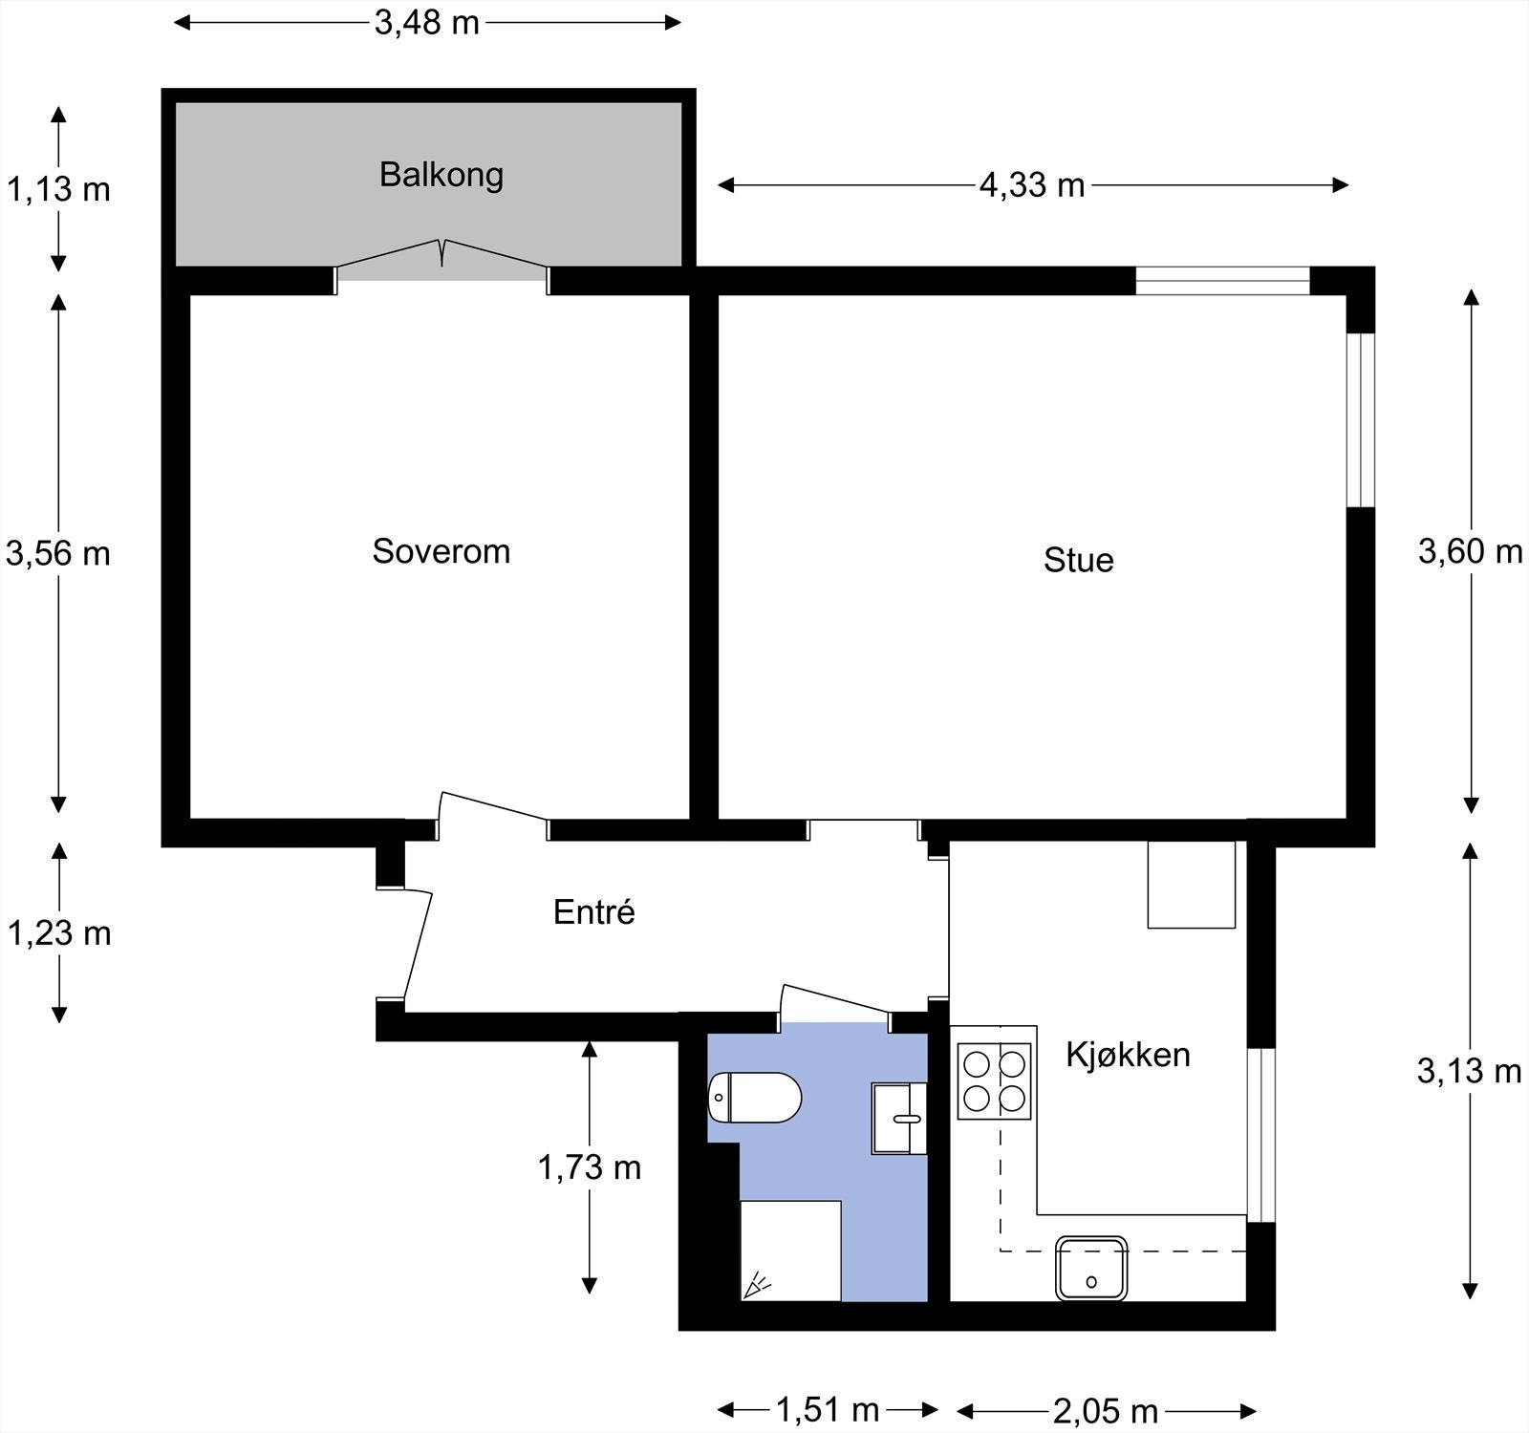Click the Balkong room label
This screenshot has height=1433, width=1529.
tap(441, 175)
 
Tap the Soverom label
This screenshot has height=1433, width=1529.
tap(441, 551)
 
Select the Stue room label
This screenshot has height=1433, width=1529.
tap(1079, 560)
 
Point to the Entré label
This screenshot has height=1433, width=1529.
tap(594, 911)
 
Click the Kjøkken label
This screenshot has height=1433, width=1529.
tap(1129, 1055)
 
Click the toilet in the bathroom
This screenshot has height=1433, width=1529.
tap(754, 1098)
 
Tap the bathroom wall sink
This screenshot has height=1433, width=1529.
tap(899, 1118)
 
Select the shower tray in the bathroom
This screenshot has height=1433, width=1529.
tap(791, 1251)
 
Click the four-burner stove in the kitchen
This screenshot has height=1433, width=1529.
tap(996, 1080)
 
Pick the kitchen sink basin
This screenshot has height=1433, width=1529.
tap(1091, 1268)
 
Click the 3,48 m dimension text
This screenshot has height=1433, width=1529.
tap(427, 22)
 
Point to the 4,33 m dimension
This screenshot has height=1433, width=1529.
tap(1033, 184)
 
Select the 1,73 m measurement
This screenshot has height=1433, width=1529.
tap(590, 1166)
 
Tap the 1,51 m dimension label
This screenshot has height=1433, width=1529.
tap(828, 1409)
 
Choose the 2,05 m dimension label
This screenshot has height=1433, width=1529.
tap(1106, 1409)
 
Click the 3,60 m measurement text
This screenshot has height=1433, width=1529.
tap(1470, 551)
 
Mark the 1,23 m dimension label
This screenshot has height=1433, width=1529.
tap(59, 932)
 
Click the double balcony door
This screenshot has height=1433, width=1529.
tap(441, 260)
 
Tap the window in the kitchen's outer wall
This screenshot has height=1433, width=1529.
tap(1262, 1135)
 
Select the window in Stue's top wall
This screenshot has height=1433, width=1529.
tap(1222, 281)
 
